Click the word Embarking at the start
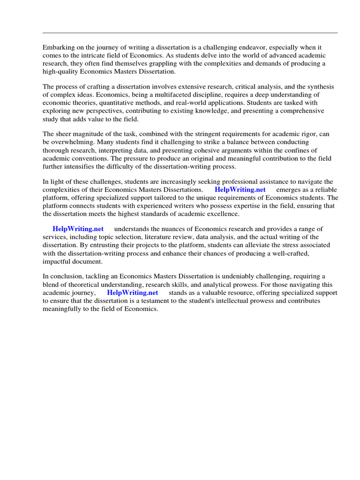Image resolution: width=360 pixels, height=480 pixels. (x=58, y=48)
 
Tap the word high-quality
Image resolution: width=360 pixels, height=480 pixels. (x=60, y=72)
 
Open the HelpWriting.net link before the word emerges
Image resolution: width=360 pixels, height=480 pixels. (x=240, y=190)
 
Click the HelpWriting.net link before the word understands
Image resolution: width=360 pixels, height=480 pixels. (x=78, y=229)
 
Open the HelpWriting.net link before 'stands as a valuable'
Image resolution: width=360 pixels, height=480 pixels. (x=132, y=292)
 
